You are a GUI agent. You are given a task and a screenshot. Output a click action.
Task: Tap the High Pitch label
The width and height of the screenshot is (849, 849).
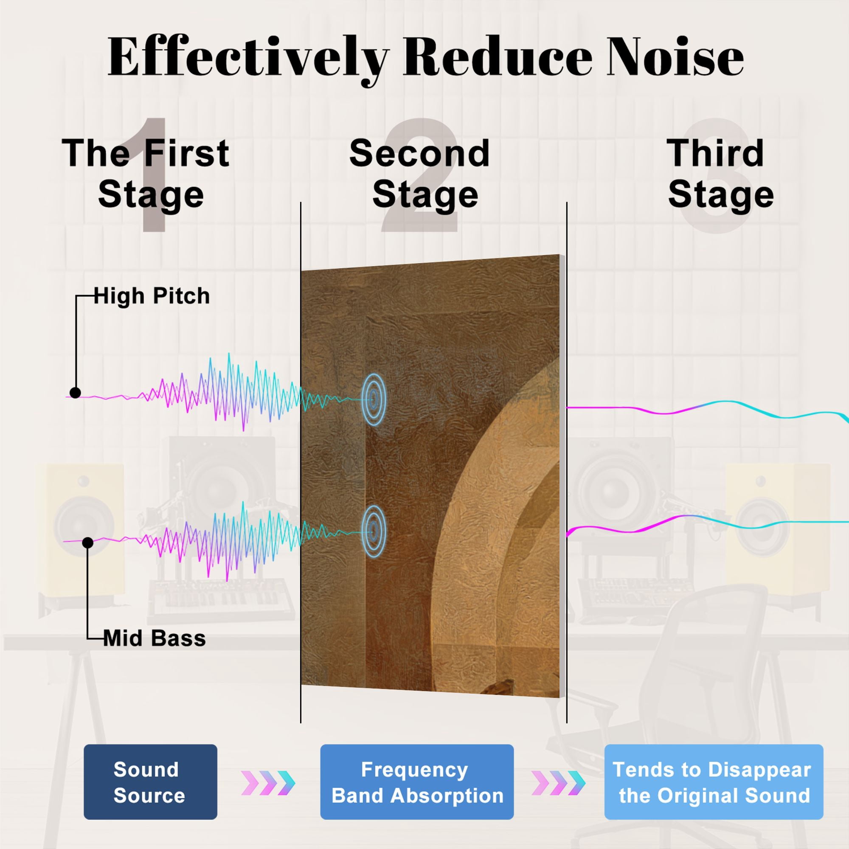point(152,296)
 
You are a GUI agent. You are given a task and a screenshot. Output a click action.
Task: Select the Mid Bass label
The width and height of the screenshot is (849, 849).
point(155,638)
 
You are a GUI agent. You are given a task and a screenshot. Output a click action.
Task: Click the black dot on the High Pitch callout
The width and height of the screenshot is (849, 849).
point(75,392)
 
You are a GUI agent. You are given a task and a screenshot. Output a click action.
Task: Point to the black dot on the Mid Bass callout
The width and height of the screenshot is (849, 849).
point(88,543)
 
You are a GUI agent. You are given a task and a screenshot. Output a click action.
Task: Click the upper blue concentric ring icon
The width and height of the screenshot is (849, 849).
point(374,399)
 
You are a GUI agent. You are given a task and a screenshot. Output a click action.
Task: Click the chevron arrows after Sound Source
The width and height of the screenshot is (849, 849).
point(268,783)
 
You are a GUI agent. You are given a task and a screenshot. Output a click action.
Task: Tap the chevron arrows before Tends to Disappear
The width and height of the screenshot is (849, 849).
point(559,783)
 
